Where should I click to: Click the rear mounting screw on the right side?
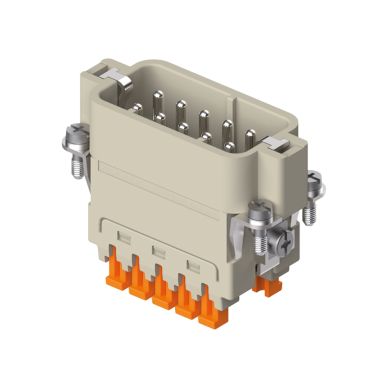313,184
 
